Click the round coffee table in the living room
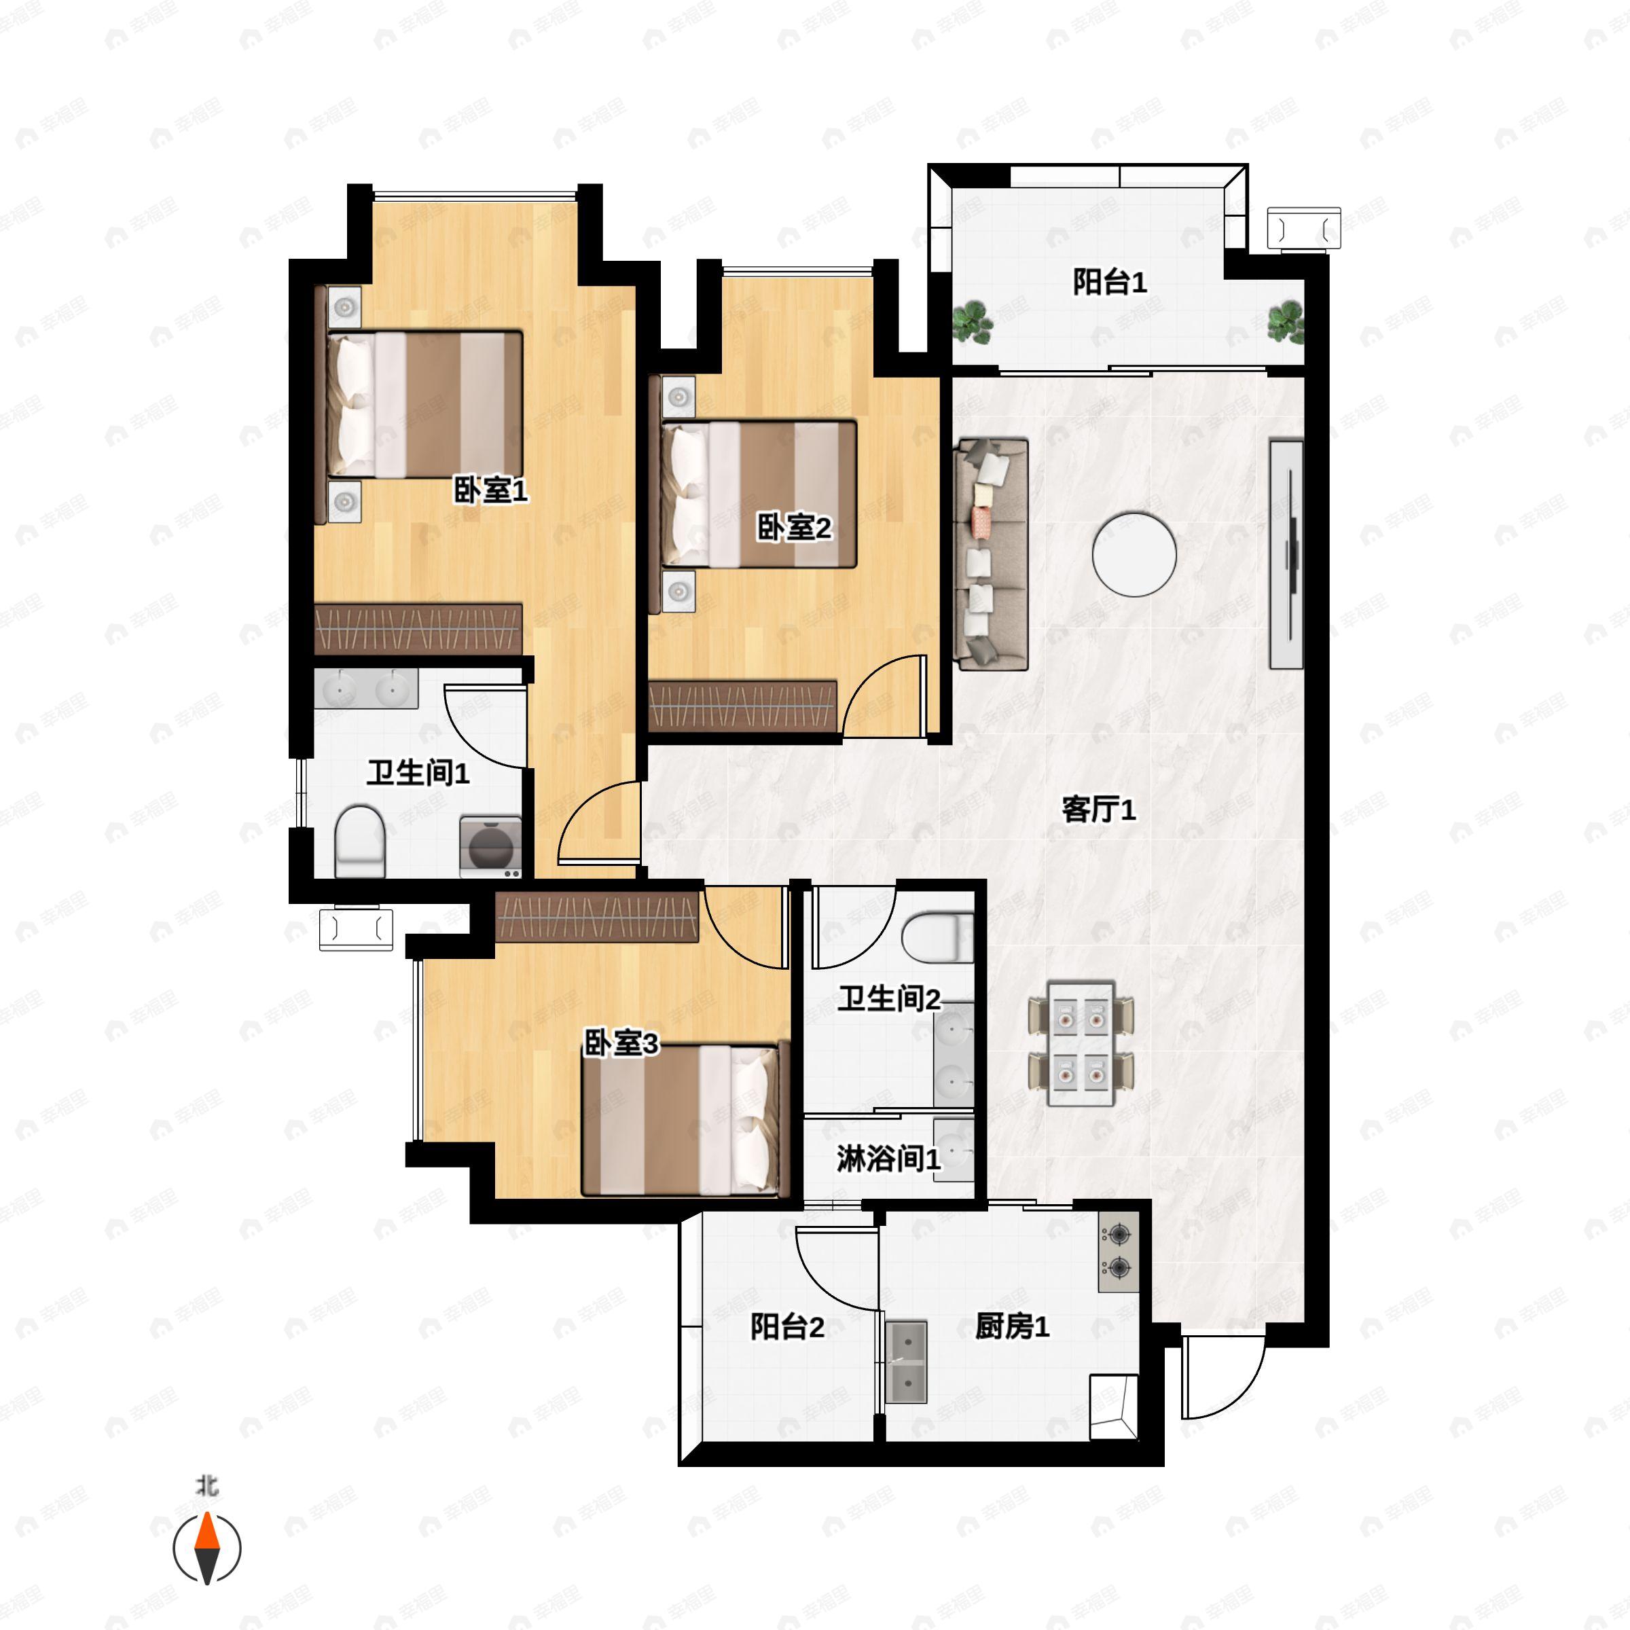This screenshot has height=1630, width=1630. (x=1134, y=555)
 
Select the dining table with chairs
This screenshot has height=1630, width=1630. (x=1081, y=1044)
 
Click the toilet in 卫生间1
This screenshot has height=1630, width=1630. (x=360, y=842)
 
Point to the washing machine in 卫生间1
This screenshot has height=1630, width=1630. (x=490, y=846)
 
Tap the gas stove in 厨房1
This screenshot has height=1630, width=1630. (x=1119, y=1252)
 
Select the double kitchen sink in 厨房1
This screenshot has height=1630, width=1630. (x=906, y=1362)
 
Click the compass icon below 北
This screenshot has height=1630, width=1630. (x=206, y=1548)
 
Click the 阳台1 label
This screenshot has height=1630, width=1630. (x=1110, y=282)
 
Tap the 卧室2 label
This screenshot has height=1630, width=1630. (x=794, y=527)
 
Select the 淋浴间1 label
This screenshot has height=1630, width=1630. (x=888, y=1159)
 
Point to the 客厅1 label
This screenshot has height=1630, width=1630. (x=1098, y=809)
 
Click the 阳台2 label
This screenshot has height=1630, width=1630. (x=787, y=1327)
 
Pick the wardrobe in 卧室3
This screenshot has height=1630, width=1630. (x=598, y=916)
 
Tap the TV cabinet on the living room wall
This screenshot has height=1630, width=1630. (x=1286, y=554)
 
